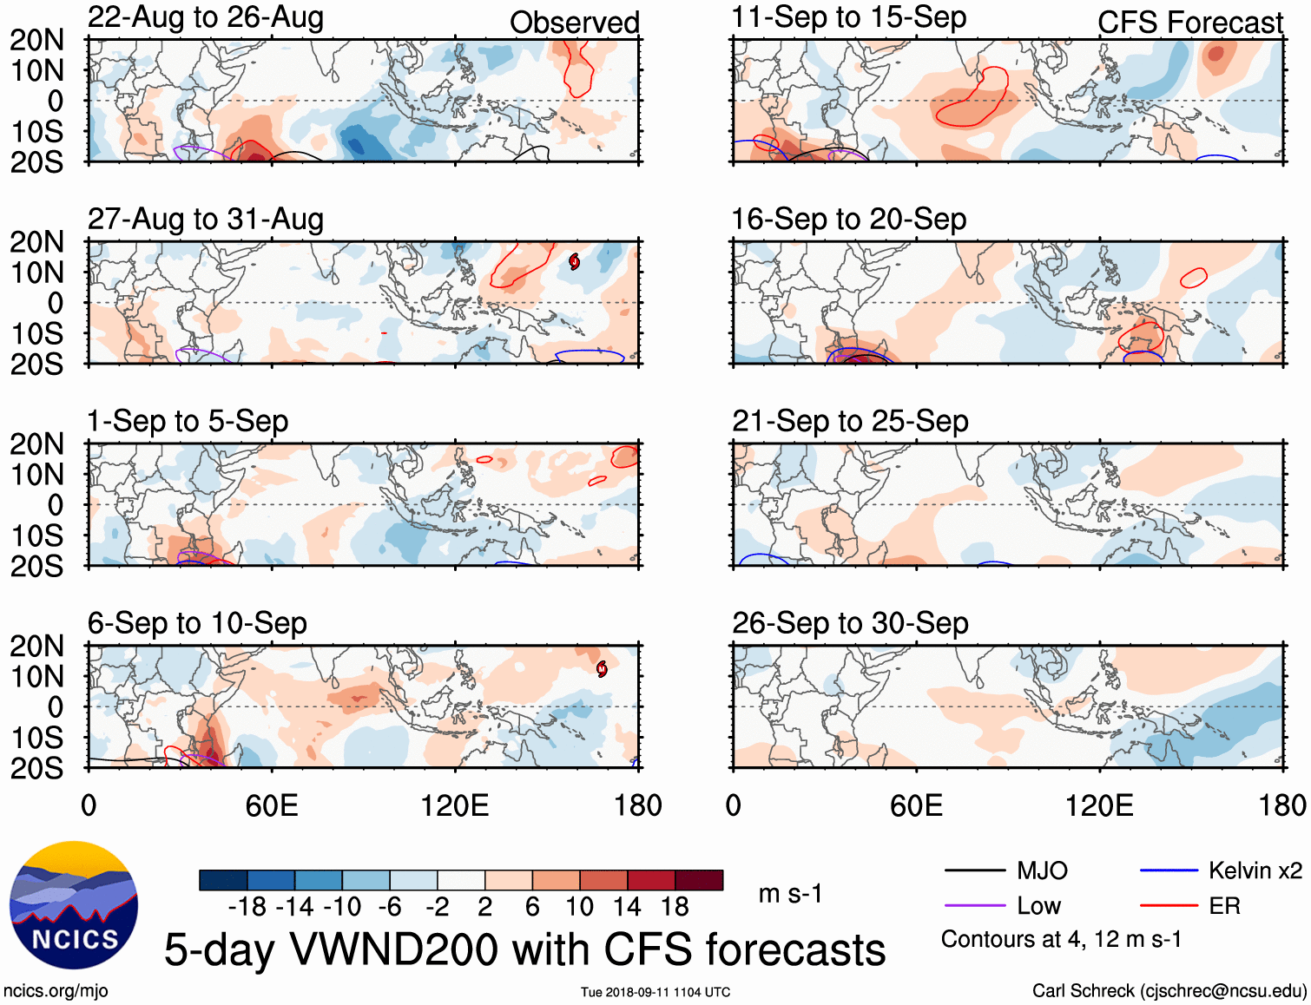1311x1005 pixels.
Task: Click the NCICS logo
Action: (x=74, y=905)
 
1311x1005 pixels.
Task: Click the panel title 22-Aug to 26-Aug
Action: (x=206, y=17)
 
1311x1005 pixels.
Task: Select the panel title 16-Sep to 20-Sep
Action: (x=848, y=220)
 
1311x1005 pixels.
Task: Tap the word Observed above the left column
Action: (x=574, y=23)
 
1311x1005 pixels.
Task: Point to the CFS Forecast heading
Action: (x=1189, y=23)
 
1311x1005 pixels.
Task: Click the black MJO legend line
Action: (x=974, y=870)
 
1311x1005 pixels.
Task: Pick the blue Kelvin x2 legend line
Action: (x=1169, y=870)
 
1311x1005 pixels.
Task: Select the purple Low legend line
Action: (x=974, y=906)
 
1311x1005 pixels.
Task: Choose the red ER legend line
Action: (x=1169, y=906)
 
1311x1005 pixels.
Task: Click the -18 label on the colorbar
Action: (x=247, y=908)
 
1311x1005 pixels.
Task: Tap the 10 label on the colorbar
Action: (x=579, y=908)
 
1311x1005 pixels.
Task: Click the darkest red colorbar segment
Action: (x=699, y=880)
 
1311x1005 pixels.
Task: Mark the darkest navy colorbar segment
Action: (x=222, y=880)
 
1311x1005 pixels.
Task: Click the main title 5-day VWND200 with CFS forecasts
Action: (x=524, y=949)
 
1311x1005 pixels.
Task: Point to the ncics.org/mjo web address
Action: (x=56, y=991)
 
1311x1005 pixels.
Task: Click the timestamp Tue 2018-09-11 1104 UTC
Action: (x=655, y=992)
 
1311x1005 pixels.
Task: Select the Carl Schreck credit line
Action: (x=1169, y=991)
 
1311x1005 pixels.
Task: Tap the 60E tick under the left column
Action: (x=272, y=805)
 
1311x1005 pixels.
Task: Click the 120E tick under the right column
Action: (x=1099, y=805)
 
